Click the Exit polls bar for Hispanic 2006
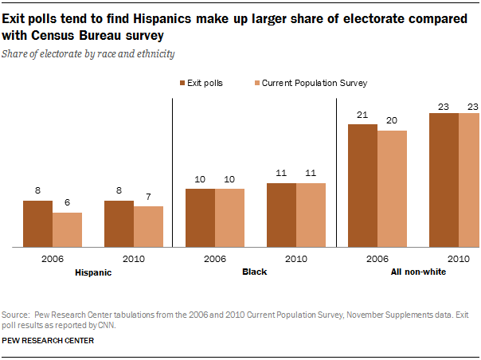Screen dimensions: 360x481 pyautogui.click(x=37, y=224)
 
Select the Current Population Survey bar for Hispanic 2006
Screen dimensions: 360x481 pyautogui.click(x=67, y=230)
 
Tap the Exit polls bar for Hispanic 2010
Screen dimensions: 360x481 pyautogui.click(x=119, y=224)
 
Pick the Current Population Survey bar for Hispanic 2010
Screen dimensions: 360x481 pyautogui.click(x=148, y=227)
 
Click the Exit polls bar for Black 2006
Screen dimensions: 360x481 pyautogui.click(x=200, y=217)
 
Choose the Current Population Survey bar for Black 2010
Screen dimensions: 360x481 pyautogui.click(x=311, y=215)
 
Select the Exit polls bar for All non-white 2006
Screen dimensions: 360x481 pyautogui.click(x=362, y=186)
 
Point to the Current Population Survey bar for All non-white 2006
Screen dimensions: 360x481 pyautogui.click(x=392, y=189)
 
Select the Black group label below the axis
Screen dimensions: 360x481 pyautogui.click(x=254, y=272)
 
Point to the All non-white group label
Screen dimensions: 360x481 pyautogui.click(x=417, y=272)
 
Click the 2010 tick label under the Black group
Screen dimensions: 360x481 pyautogui.click(x=296, y=259)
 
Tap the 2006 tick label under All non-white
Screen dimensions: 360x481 pyautogui.click(x=377, y=259)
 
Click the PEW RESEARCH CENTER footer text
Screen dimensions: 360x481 pyautogui.click(x=49, y=340)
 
